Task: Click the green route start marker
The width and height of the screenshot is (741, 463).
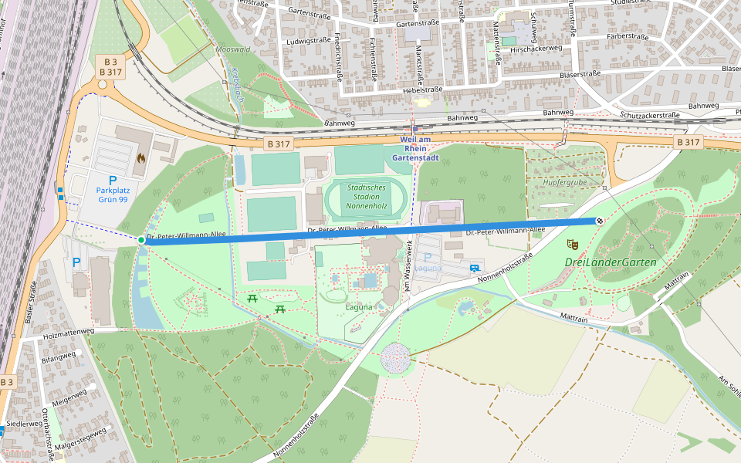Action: (x=141, y=240)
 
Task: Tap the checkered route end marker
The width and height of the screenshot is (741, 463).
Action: (x=599, y=221)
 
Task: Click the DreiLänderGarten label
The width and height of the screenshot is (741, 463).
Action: (x=610, y=262)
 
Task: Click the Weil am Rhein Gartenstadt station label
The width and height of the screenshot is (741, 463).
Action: (x=415, y=148)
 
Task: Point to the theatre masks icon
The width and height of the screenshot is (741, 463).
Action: (x=572, y=245)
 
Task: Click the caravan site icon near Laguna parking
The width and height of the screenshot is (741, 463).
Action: (x=474, y=268)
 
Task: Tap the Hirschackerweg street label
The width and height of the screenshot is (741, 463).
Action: (x=536, y=49)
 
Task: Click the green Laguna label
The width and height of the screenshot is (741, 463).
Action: (x=358, y=306)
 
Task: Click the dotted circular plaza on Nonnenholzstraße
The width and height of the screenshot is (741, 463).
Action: (x=395, y=360)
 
